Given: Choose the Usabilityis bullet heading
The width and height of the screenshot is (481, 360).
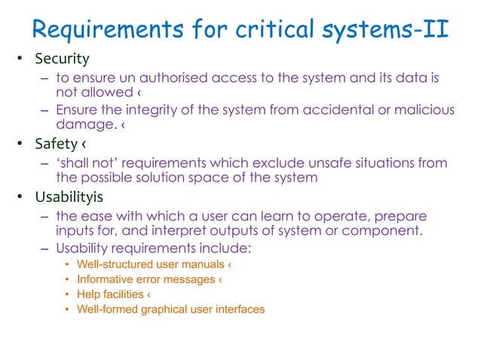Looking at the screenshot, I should [74, 197].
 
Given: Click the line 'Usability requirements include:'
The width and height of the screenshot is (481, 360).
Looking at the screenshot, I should [153, 248].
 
